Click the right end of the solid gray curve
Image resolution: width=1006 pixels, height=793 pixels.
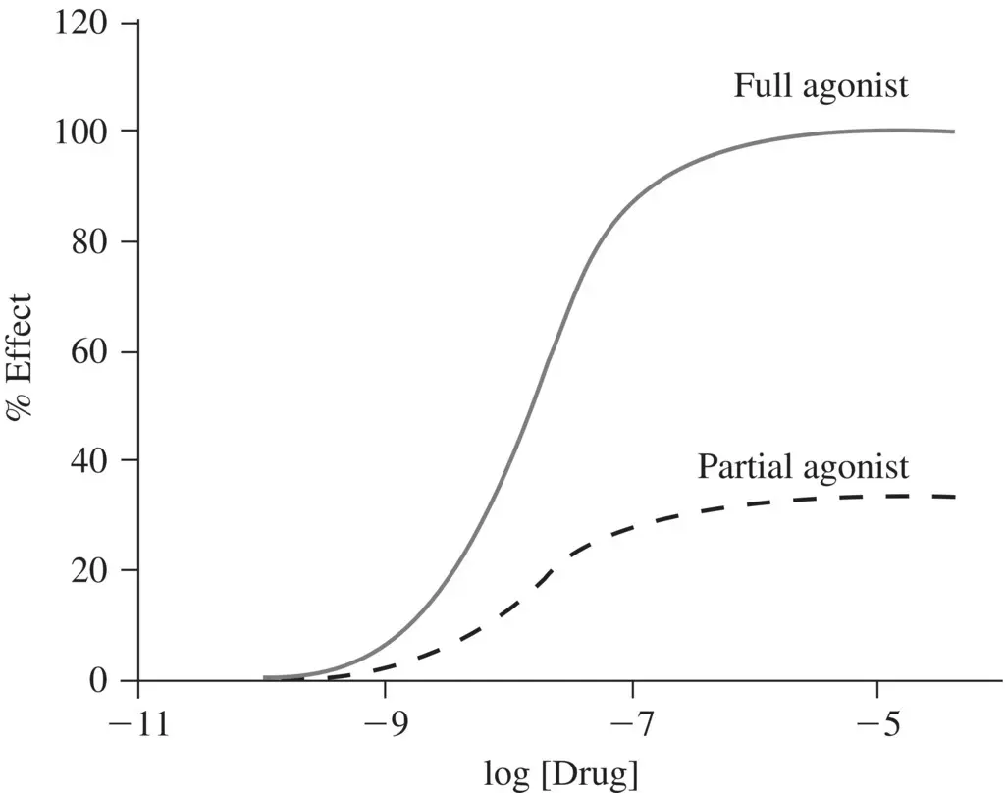tap(953, 132)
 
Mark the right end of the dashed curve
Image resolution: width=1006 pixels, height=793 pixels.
tap(953, 497)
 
